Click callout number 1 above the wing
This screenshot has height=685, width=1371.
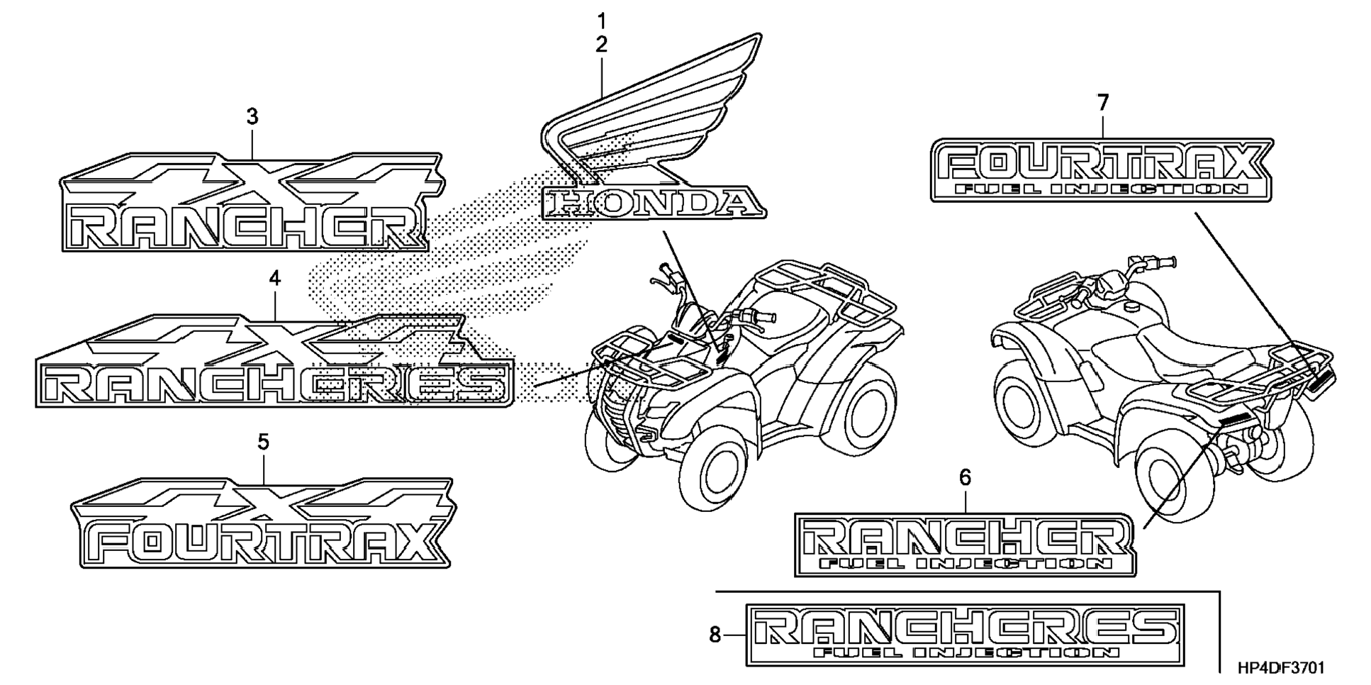602,19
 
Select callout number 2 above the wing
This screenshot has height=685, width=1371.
602,45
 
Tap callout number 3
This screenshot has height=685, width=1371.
252,116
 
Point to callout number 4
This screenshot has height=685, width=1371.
275,278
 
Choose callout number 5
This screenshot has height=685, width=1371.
263,442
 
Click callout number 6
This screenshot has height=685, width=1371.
965,478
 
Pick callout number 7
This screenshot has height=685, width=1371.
1103,104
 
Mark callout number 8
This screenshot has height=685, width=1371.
715,635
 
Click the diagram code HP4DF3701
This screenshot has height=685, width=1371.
1280,668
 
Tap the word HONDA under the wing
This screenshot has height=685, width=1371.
653,204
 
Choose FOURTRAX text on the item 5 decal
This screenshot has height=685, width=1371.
262,544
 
